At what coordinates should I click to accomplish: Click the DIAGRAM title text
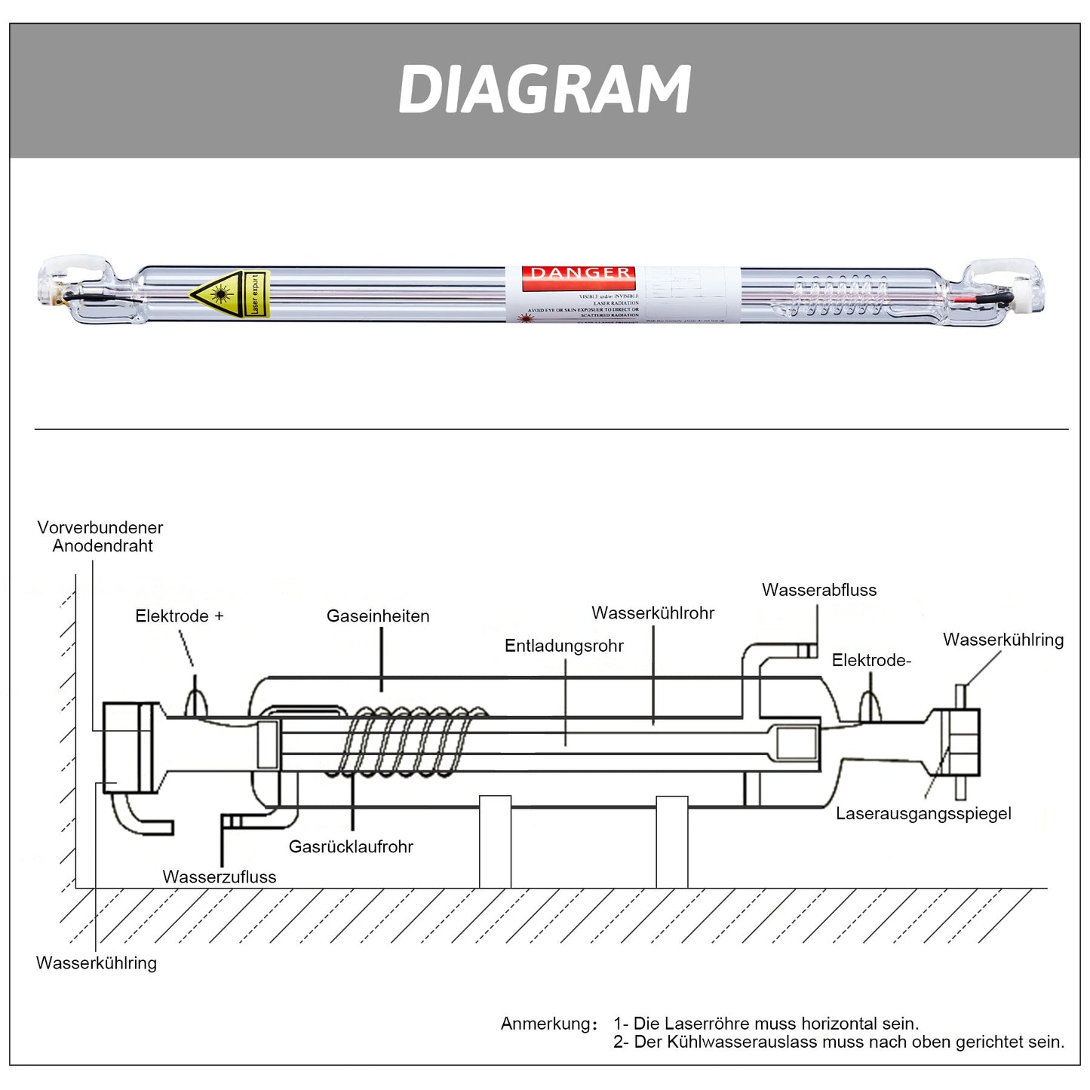544,90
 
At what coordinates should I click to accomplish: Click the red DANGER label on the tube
579,273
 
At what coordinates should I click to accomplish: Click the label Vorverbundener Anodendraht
100,536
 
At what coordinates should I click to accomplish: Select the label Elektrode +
180,616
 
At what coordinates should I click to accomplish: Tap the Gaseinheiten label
378,616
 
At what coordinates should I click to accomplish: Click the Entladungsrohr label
564,646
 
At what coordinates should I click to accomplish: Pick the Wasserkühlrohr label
652,613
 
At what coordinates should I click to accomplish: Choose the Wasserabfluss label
819,590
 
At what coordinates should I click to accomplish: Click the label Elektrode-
871,660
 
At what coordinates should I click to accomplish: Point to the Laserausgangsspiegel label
923,813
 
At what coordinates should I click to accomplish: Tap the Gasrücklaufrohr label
351,846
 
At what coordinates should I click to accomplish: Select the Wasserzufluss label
220,877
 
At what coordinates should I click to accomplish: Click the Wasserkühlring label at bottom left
97,963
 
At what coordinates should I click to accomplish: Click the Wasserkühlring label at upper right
1003,640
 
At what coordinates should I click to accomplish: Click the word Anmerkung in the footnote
546,1024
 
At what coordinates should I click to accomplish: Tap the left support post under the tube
495,841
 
